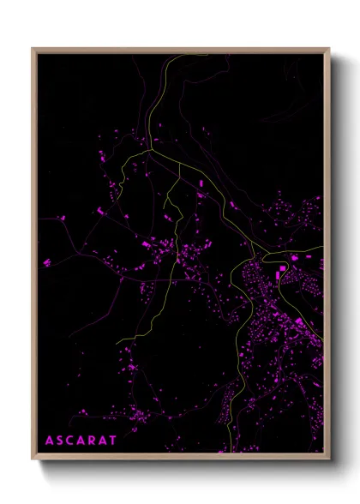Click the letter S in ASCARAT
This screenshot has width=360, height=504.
(x=61, y=441)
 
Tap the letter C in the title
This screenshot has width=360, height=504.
(x=73, y=441)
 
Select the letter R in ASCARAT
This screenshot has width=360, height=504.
(x=99, y=441)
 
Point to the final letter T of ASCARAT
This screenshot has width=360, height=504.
(x=124, y=441)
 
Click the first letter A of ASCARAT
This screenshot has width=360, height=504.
(x=48, y=441)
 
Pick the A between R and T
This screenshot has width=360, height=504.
(x=111, y=441)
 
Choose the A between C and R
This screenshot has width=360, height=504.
(x=86, y=441)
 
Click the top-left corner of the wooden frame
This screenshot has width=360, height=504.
(x=33, y=49)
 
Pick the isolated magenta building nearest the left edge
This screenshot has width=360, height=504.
(x=46, y=262)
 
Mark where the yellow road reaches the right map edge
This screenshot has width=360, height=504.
(x=322, y=249)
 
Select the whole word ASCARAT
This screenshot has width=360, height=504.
(x=86, y=441)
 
